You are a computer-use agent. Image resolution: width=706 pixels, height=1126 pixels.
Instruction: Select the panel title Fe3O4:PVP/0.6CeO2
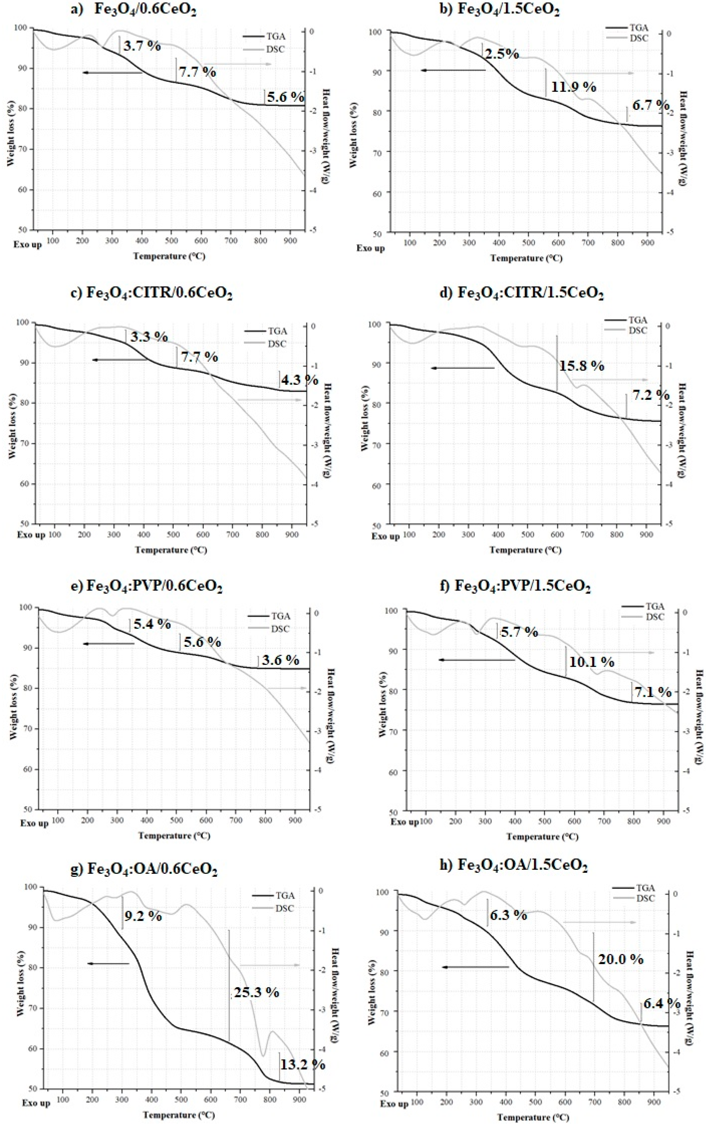click(154, 586)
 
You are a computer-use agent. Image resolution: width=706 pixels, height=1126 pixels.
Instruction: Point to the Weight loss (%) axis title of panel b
click(353, 135)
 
